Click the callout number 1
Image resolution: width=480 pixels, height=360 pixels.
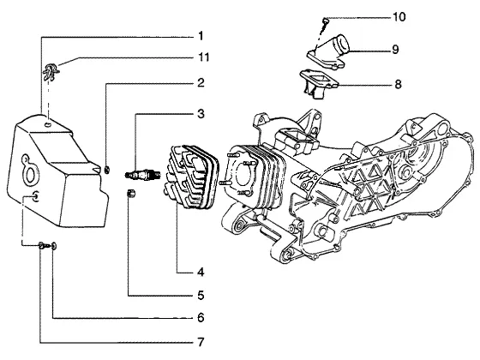pos(201,36)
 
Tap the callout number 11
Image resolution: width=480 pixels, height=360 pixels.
pos(204,57)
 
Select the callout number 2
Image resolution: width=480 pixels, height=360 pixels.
pos(201,82)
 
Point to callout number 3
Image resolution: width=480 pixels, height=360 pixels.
pos(201,114)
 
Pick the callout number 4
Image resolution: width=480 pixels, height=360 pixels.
pos(201,272)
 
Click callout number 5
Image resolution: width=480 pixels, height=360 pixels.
pos(201,296)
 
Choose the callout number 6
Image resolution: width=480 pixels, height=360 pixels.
pos(201,318)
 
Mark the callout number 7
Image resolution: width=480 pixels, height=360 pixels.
pos(201,342)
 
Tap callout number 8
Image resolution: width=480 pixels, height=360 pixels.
pos(398,84)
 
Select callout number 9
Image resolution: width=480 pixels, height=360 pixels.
pos(395,50)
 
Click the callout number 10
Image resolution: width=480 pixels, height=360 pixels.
pos(399,16)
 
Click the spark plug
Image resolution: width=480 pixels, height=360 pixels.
pos(143,175)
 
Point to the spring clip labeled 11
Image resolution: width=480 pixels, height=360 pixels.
pos(51,72)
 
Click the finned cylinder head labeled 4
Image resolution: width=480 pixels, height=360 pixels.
pos(190,177)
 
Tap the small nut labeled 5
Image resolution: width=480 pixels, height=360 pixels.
pos(131,194)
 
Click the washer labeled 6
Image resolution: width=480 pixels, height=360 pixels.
pos(54,245)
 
